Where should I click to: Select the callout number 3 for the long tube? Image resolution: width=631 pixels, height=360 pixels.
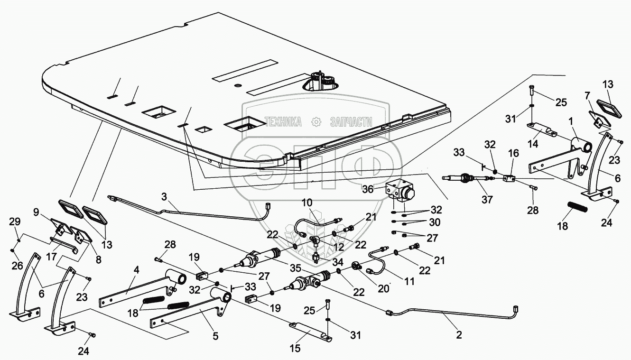[164, 195]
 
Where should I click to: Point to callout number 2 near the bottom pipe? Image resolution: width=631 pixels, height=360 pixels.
[459, 334]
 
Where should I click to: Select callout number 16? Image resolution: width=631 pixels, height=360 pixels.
[513, 154]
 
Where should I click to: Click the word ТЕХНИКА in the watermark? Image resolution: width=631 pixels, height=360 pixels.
[283, 122]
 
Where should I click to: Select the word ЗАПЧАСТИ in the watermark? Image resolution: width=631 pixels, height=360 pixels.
[351, 122]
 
